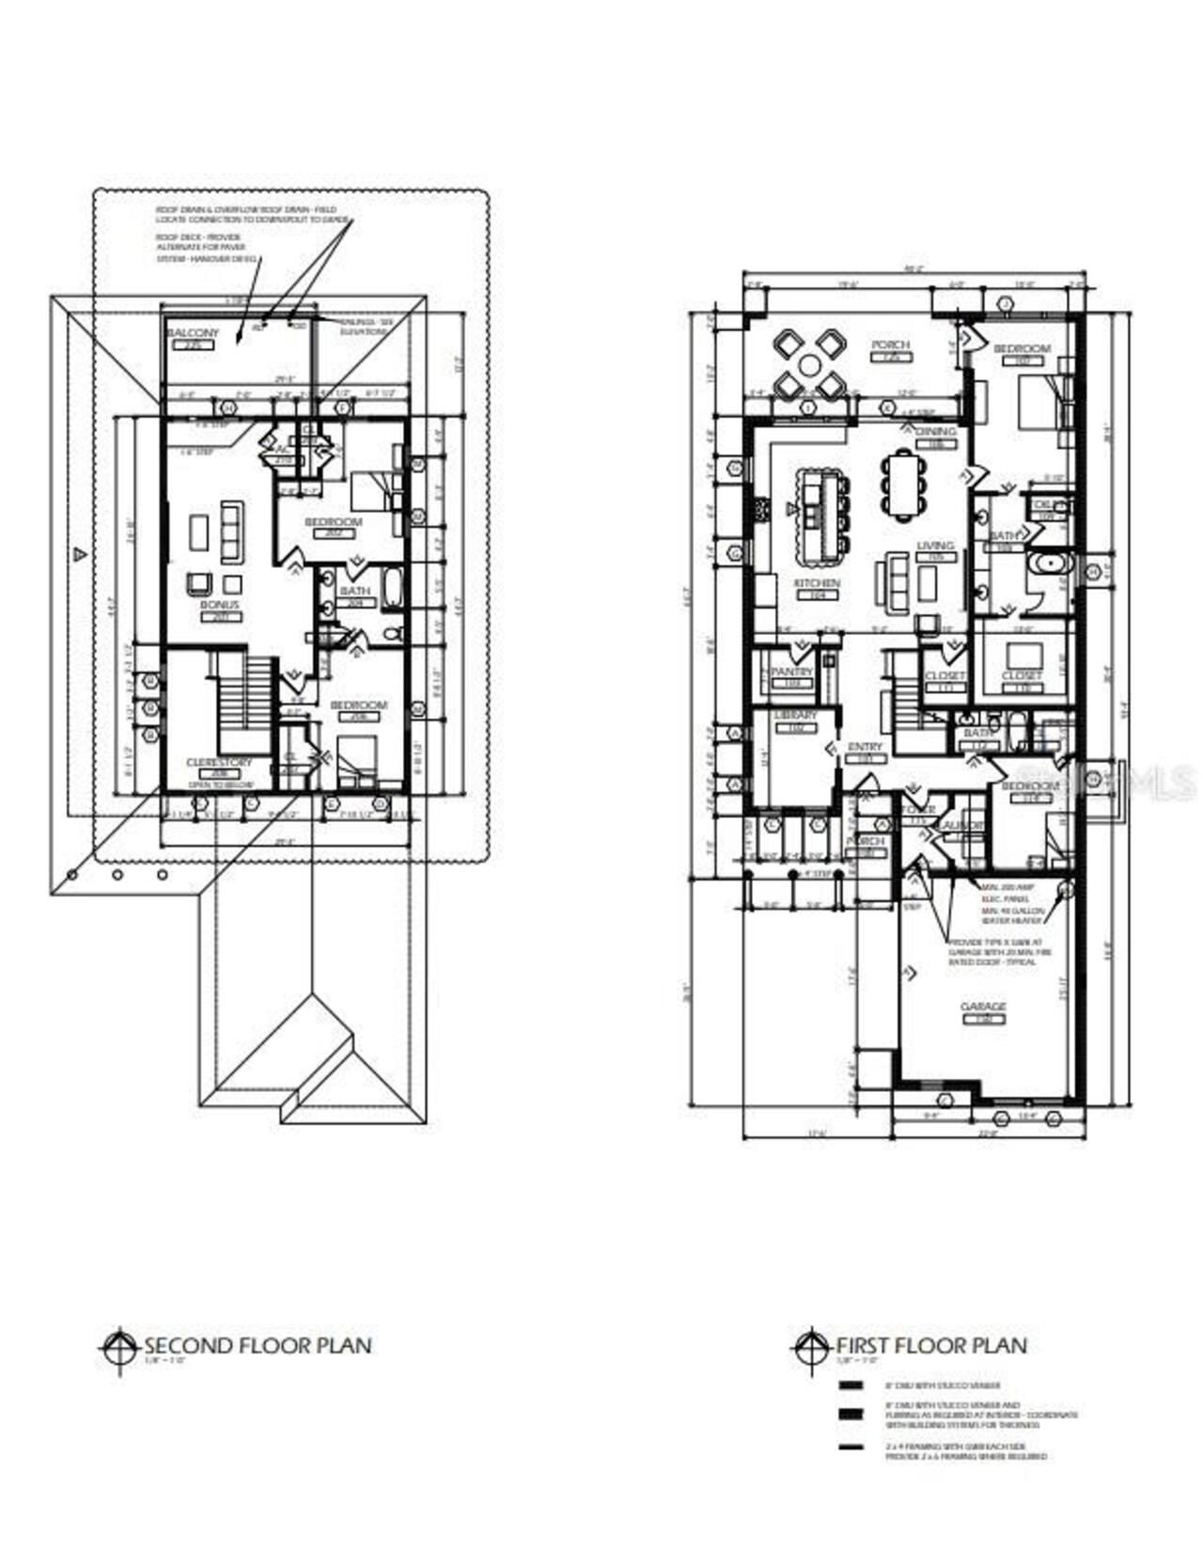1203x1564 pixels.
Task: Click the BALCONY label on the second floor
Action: coord(193,333)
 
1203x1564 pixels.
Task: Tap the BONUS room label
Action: coord(219,605)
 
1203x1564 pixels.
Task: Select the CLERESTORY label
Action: coord(219,763)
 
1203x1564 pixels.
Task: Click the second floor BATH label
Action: coord(354,591)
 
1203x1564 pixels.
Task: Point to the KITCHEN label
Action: coord(816,583)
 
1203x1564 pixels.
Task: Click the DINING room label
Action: coord(934,432)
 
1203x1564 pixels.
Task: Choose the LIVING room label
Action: coord(934,545)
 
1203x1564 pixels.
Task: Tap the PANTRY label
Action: coord(791,672)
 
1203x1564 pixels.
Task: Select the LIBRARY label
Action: coord(795,716)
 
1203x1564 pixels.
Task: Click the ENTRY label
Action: coord(865,747)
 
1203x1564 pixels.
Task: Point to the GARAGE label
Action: coord(983,1007)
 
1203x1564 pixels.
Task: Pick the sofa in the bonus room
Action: coord(231,531)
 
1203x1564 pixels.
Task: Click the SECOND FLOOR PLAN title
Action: coord(257,1345)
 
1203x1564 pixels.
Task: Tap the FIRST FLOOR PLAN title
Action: coord(930,1345)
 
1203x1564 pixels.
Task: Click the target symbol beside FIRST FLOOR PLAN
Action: coord(808,1348)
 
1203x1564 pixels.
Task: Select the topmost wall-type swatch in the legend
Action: coord(851,1385)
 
